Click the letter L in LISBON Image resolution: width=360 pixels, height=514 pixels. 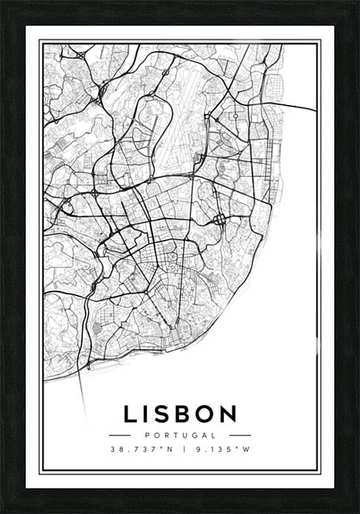tap(130, 414)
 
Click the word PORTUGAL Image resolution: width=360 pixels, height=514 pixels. tap(180, 435)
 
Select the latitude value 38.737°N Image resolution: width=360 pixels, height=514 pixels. tap(142, 449)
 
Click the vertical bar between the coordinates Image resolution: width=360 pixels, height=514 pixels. tap(185, 449)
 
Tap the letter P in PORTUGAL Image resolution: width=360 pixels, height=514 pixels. tap(147, 435)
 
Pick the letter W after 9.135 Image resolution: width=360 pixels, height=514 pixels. tap(247, 449)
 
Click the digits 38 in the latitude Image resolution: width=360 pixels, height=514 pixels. tap(115, 449)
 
